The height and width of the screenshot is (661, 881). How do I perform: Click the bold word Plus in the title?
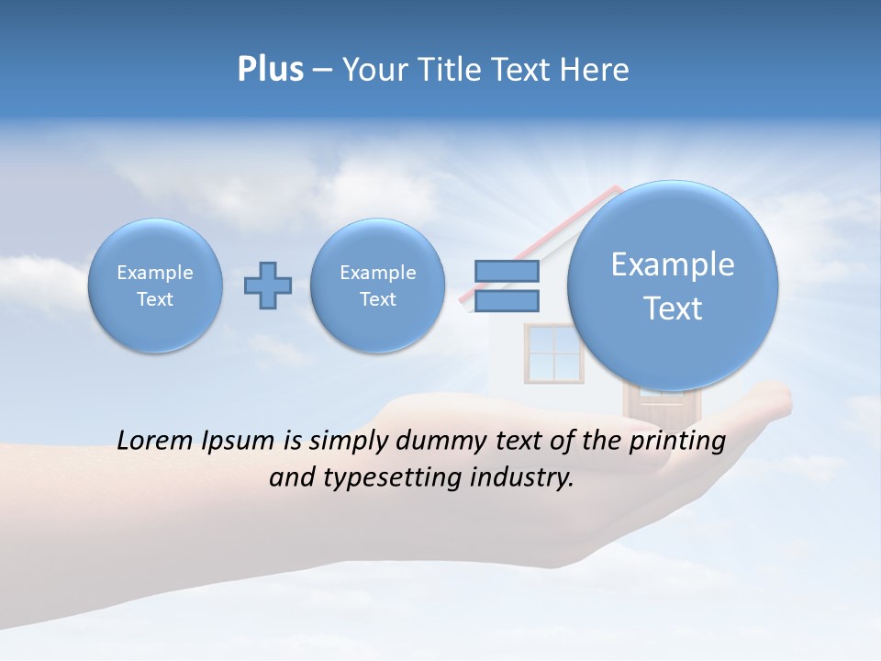click(x=270, y=70)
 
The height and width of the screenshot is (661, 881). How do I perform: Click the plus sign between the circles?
click(x=268, y=286)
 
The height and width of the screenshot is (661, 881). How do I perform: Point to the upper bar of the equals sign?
click(x=507, y=271)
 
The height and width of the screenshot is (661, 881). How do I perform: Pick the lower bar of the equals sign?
click(x=507, y=300)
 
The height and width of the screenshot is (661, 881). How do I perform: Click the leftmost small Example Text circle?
click(x=155, y=286)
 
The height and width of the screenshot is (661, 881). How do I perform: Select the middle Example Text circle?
click(x=377, y=286)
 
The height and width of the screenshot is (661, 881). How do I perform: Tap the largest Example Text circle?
click(x=673, y=286)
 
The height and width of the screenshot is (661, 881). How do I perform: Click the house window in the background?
click(x=552, y=353)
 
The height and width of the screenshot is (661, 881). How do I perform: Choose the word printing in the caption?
click(x=677, y=442)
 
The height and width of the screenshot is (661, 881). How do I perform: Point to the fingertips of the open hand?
click(x=776, y=397)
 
